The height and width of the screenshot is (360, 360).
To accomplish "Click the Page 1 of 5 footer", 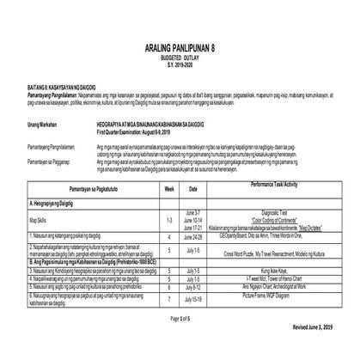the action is [x=180, y=342].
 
